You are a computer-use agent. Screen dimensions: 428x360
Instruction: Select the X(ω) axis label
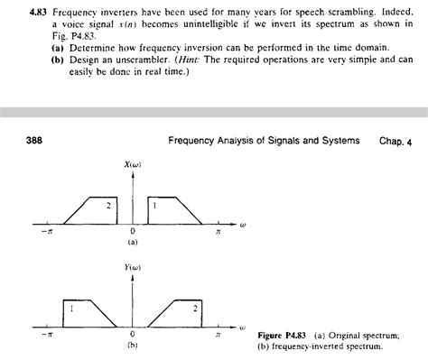tap(132, 165)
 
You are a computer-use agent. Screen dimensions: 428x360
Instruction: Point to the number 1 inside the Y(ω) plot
tap(71, 309)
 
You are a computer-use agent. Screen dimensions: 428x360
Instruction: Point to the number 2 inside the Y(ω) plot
tap(193, 309)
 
